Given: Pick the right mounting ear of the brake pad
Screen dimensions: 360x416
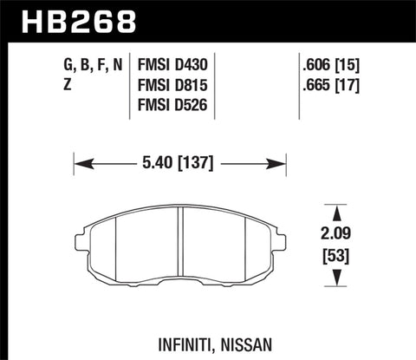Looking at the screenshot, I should click(x=279, y=239).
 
